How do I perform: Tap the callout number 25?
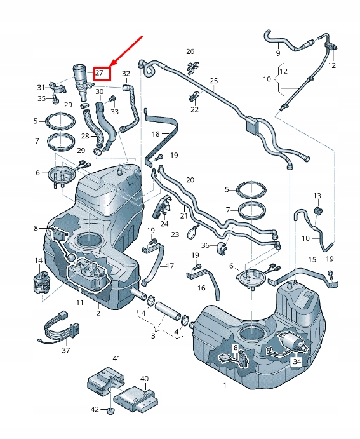point(213,81)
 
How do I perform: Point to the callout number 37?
point(66,350)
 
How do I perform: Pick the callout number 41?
point(116,359)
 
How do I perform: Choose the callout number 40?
point(144,379)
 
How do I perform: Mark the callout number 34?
point(297,361)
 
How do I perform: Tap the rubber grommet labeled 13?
point(318,211)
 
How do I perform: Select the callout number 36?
point(205,246)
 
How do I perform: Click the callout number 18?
point(156,135)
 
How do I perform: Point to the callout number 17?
point(170,266)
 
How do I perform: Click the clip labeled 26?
point(190,65)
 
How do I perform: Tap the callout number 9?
point(277,54)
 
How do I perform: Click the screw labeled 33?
point(112,98)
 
